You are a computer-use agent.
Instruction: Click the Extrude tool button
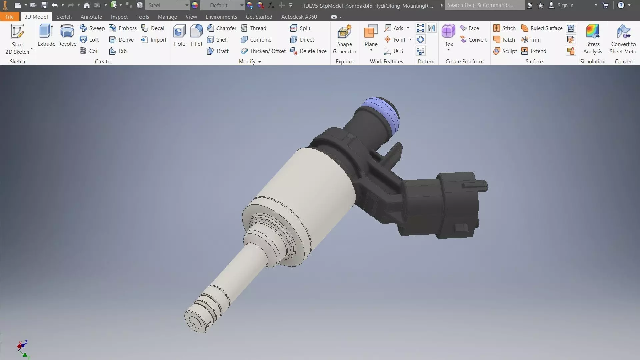46,35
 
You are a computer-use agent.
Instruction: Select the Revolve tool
67,35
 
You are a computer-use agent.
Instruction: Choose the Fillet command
196,35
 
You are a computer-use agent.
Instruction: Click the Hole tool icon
179,35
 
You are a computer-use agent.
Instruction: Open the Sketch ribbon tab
64,17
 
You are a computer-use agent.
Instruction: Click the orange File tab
10,17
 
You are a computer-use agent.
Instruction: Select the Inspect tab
119,17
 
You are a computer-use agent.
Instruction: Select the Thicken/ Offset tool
263,51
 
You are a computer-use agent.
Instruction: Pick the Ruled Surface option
542,28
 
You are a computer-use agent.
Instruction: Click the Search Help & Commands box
485,5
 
